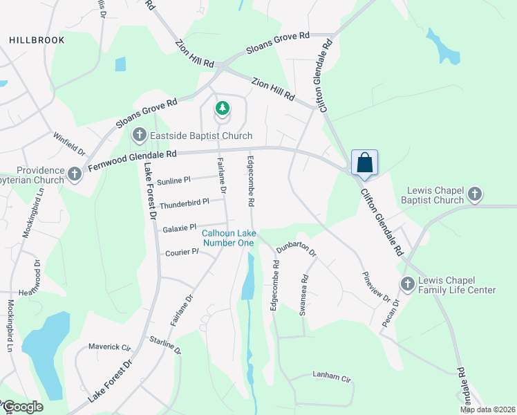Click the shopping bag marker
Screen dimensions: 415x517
(365, 164)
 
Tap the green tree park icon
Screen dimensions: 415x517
(222, 108)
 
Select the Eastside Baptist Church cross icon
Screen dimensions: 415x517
(139, 135)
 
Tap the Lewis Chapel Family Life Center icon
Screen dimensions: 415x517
(407, 283)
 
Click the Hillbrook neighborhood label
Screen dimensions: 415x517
(37, 40)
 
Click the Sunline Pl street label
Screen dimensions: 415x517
(173, 181)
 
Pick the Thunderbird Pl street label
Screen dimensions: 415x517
(184, 204)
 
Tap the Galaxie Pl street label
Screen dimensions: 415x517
(180, 227)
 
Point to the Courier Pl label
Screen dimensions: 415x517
(182, 252)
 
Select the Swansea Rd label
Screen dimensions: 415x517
(303, 297)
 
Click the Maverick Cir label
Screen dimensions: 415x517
(109, 347)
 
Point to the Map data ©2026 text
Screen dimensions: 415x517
(487, 409)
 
